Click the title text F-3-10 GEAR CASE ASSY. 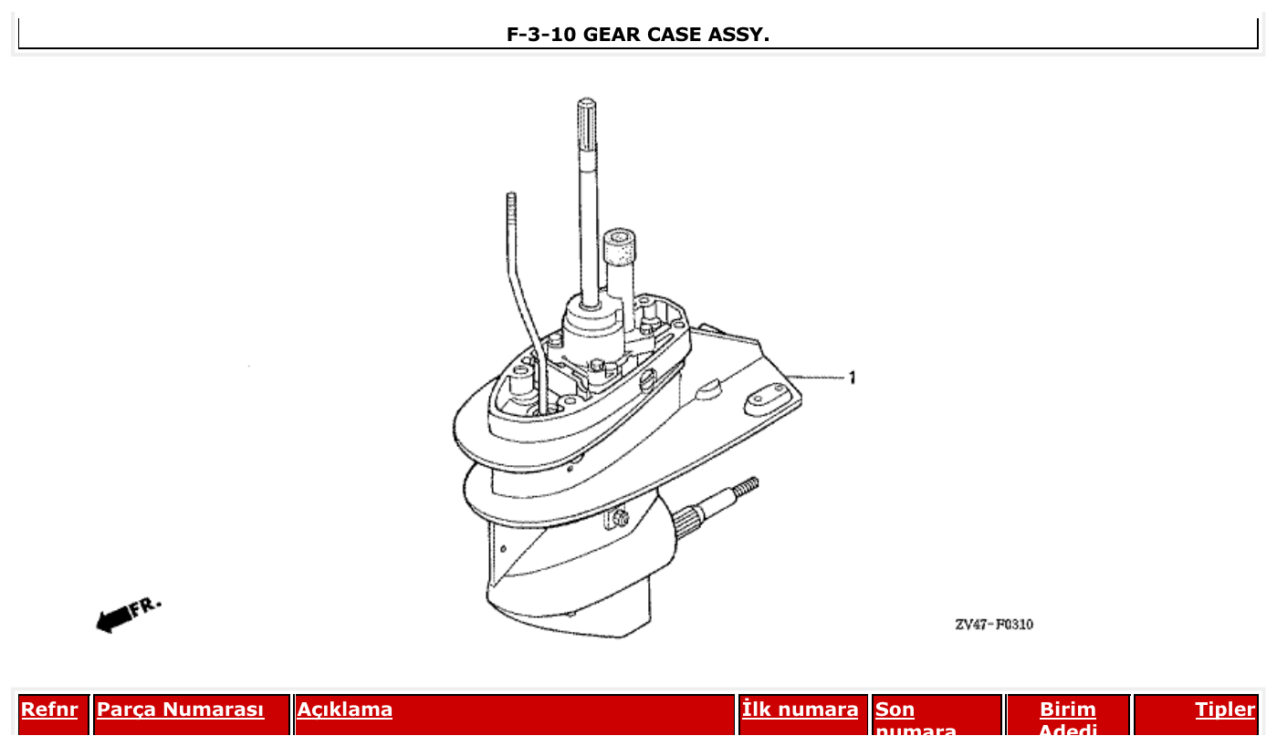[x=637, y=35]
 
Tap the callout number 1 [x=853, y=378]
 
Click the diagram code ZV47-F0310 [x=994, y=625]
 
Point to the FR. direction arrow [x=127, y=615]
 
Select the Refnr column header [x=49, y=710]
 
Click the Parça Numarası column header [x=180, y=710]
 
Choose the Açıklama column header [x=345, y=710]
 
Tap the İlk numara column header [x=801, y=710]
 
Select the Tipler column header [x=1225, y=710]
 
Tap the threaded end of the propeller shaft [x=746, y=485]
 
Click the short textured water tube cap [x=620, y=246]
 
